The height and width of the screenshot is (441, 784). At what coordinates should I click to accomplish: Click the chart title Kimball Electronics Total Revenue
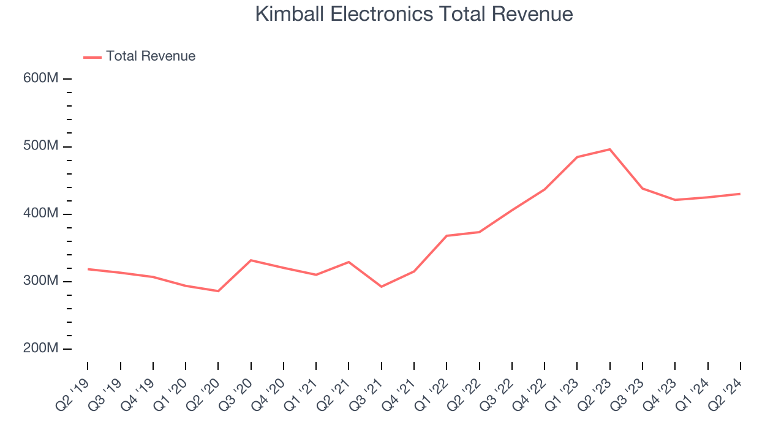pos(414,14)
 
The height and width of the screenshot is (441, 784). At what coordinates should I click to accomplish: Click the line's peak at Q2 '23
pos(610,149)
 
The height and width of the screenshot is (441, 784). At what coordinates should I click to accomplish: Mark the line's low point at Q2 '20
pos(218,291)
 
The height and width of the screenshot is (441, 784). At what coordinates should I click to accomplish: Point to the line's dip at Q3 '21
pos(382,287)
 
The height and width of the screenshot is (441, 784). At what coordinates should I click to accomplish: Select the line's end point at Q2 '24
pos(740,194)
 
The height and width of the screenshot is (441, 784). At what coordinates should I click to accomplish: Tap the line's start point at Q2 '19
pos(88,269)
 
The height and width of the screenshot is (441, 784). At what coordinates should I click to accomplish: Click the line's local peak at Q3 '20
pos(251,260)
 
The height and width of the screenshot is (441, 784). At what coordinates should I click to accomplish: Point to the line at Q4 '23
pos(675,200)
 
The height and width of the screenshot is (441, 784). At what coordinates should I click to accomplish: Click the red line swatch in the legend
pos(92,57)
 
